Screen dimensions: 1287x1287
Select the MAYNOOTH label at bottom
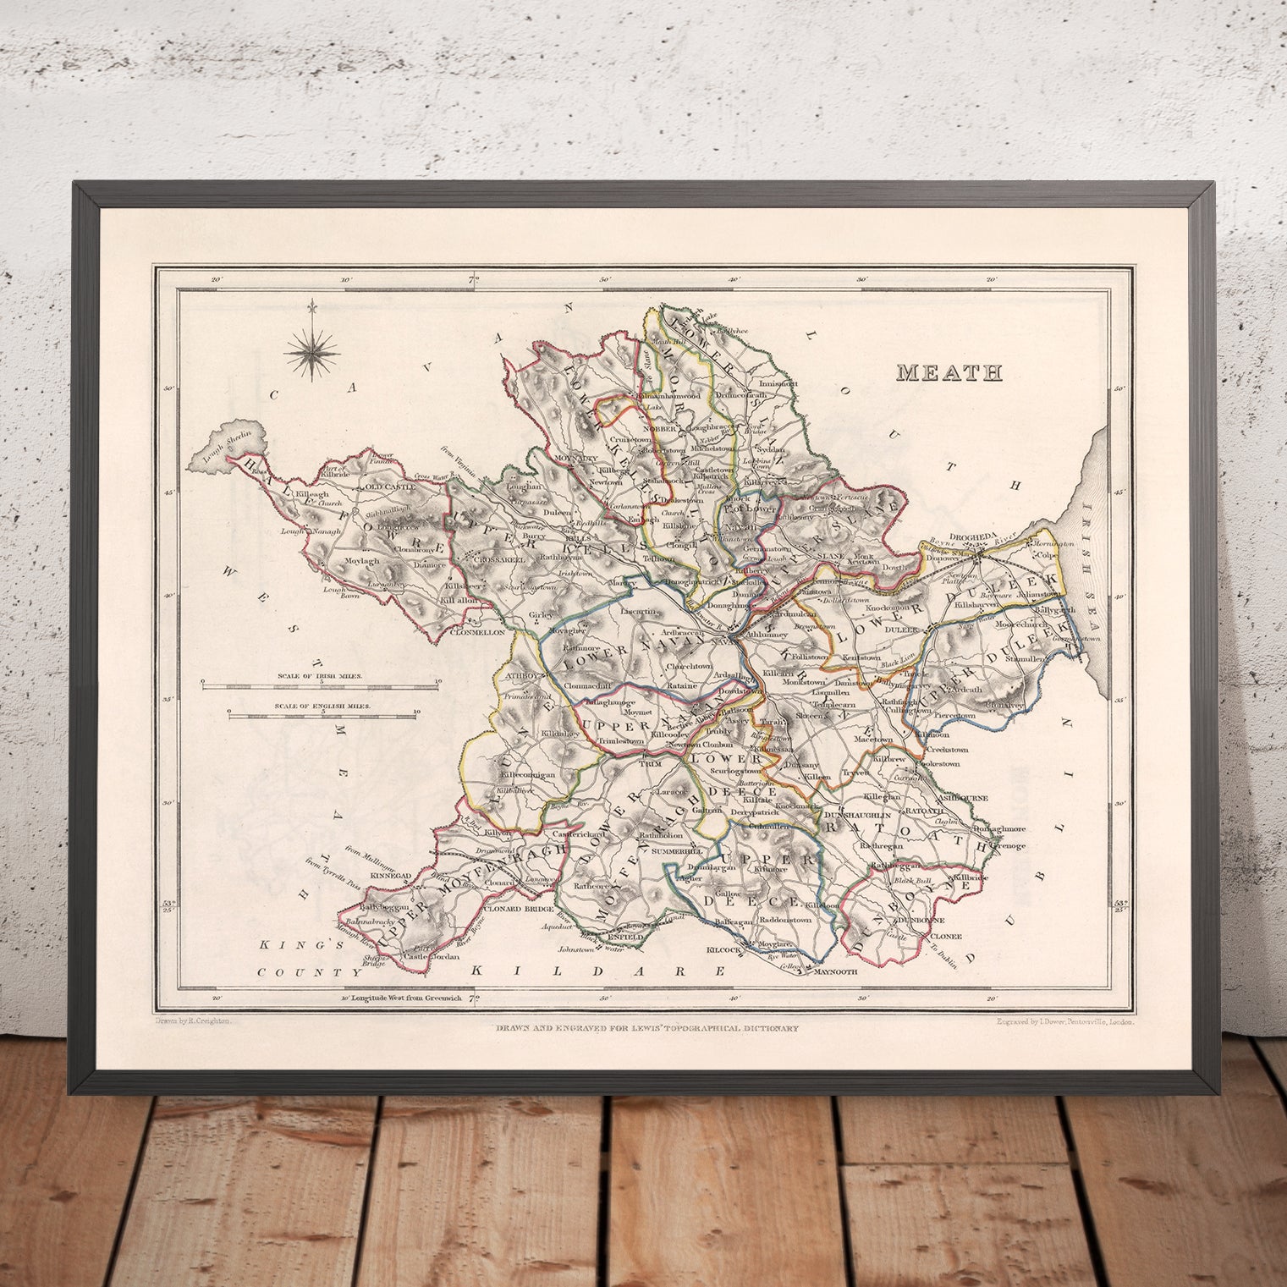click(836, 972)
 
